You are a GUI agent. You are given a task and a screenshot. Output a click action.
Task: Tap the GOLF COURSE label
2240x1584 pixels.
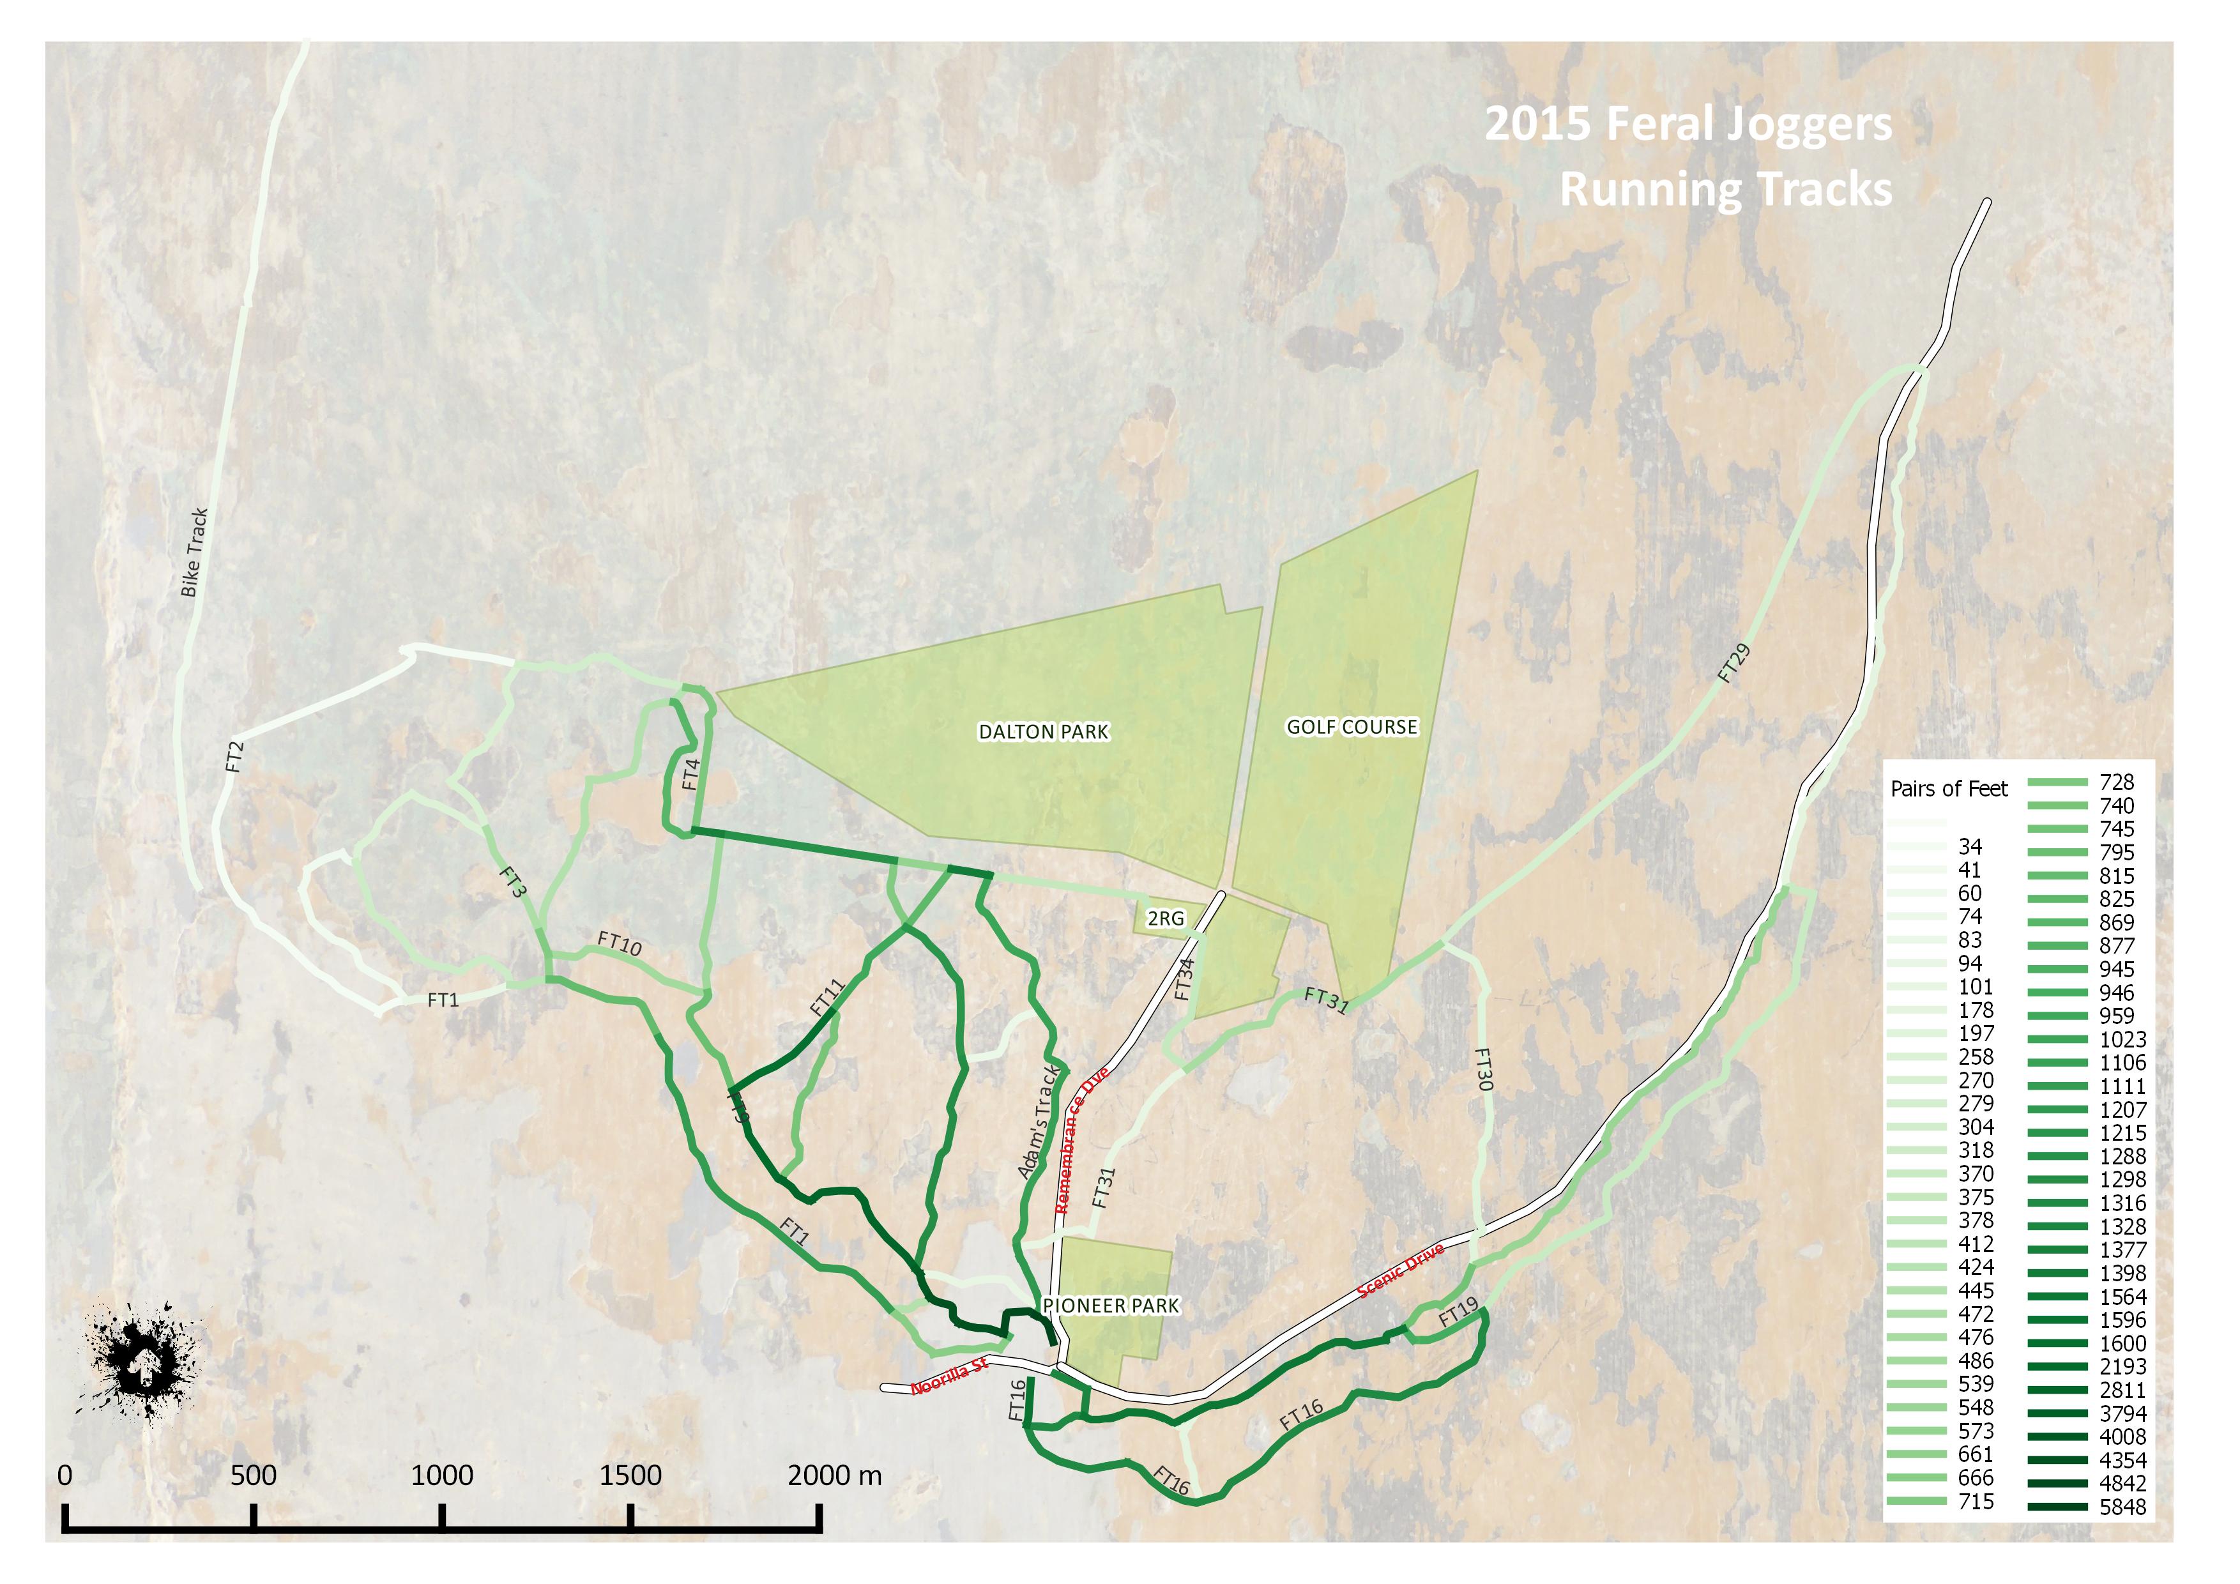(1352, 727)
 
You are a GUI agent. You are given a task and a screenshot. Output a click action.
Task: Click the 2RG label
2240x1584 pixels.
(1165, 919)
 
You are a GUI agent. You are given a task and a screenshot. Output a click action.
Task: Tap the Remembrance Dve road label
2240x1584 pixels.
(1082, 1141)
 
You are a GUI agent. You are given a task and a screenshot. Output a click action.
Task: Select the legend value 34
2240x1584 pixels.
(1970, 847)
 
